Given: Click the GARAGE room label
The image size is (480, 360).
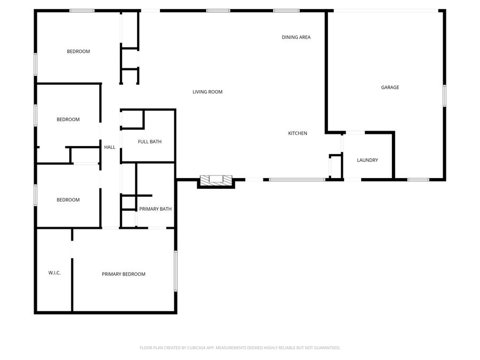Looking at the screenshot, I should [x=390, y=87].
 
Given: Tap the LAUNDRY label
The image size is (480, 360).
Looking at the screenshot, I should [x=367, y=160].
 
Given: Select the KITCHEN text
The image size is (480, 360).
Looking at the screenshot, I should [x=298, y=133].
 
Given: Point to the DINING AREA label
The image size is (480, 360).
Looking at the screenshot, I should [x=296, y=37].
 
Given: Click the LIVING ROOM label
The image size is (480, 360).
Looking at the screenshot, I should [x=207, y=92].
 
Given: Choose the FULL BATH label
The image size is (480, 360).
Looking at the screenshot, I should [x=149, y=142].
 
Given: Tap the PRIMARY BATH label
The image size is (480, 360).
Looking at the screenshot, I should [x=155, y=209].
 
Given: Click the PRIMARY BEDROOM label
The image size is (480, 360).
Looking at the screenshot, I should [x=123, y=274].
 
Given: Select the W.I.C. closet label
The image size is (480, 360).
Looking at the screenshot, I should [x=54, y=273].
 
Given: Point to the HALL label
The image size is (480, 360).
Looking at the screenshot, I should [x=109, y=147].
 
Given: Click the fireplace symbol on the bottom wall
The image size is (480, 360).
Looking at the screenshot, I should [x=216, y=180].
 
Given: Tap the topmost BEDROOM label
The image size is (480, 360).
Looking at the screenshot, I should [x=78, y=52].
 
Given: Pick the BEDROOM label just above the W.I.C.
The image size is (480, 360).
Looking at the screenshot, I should [x=68, y=200].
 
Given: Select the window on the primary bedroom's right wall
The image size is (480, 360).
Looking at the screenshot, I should [x=175, y=271].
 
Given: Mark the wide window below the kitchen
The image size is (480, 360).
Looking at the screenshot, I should [x=297, y=180].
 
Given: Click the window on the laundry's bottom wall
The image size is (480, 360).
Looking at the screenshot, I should [x=418, y=180].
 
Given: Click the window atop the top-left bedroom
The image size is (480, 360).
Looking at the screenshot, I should [x=82, y=11].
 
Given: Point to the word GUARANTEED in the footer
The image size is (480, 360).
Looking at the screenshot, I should [x=325, y=348].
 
